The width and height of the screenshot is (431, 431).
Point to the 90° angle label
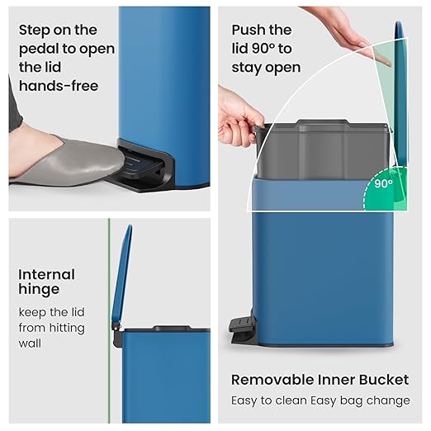click(383, 183)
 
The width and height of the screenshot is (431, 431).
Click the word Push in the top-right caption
click(249, 31)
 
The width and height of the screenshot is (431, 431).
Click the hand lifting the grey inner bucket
click(239, 116)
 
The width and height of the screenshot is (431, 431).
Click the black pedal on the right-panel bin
click(240, 329)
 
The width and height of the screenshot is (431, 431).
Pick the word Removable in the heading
click(272, 380)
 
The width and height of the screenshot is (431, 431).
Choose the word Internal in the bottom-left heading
click(46, 274)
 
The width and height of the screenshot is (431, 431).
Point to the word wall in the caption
click(30, 343)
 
